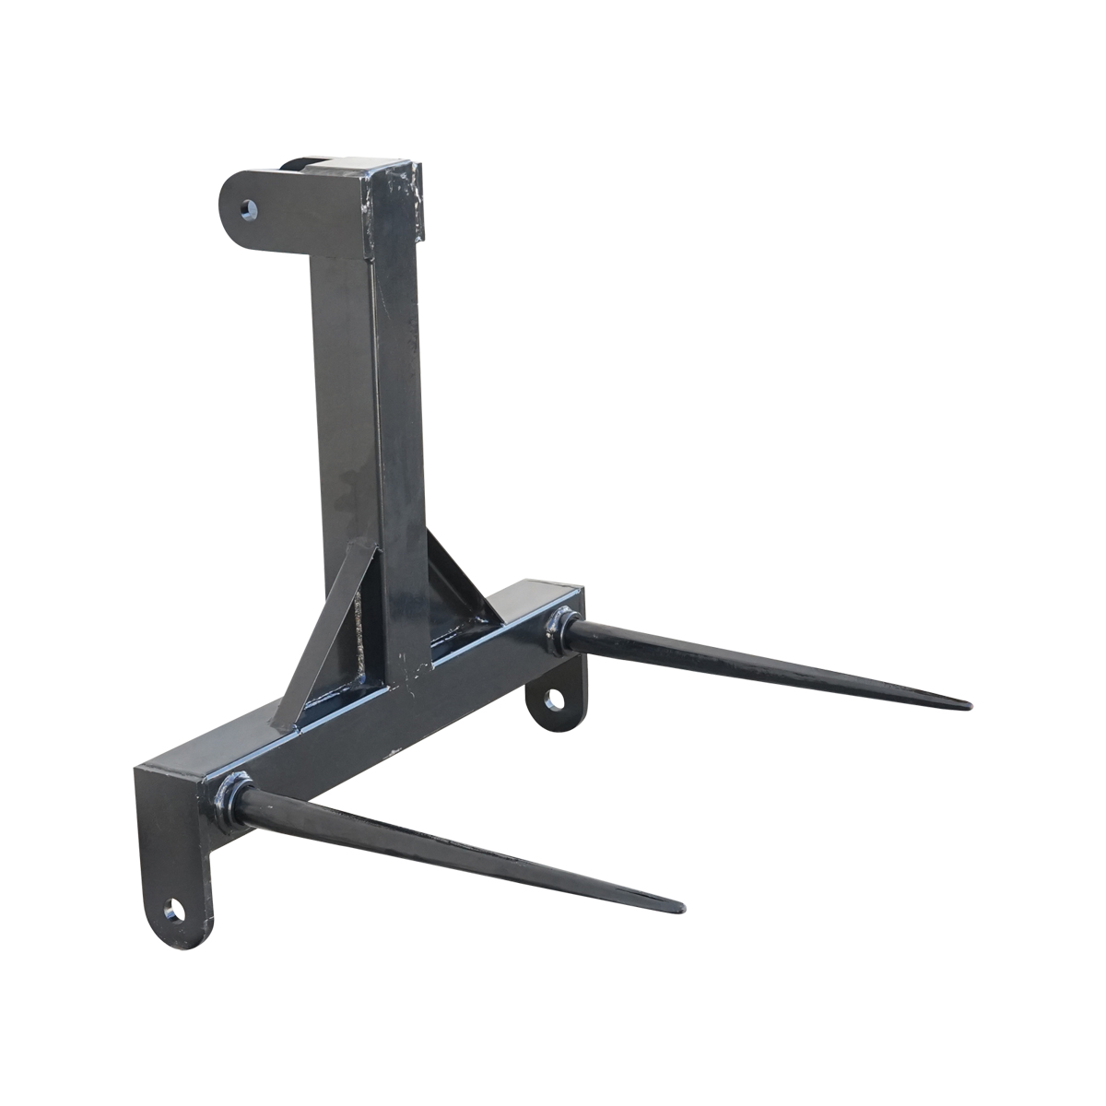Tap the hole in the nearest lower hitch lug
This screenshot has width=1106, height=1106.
click(x=172, y=913)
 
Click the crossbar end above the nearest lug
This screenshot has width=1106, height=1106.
click(x=171, y=774)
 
